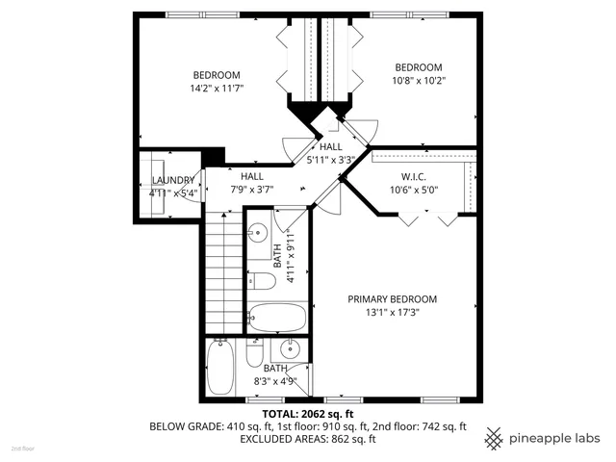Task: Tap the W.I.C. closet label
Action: tap(414, 177)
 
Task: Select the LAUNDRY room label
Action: tap(174, 180)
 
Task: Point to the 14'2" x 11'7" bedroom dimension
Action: tap(217, 89)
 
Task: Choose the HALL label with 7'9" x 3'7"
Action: tap(252, 177)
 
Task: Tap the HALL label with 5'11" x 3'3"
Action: tap(331, 146)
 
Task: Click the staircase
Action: tap(222, 272)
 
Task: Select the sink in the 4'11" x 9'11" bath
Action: tap(258, 233)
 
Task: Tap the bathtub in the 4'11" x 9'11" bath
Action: tap(276, 317)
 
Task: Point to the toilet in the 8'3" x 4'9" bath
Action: tap(254, 355)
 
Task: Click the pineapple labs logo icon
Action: tap(494, 436)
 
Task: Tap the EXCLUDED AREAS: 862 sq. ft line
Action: tap(307, 438)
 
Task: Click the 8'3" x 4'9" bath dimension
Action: tap(276, 381)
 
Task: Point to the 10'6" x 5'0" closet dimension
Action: tap(414, 191)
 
